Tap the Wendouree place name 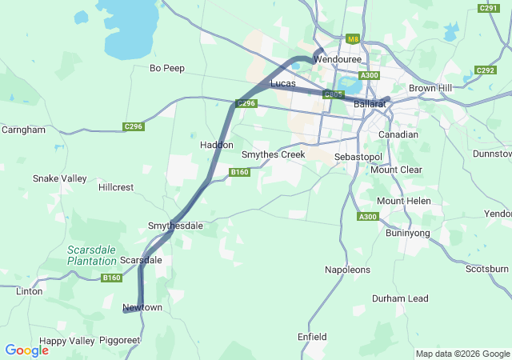(x=338, y=60)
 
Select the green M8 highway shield (x=353, y=38)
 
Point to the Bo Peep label (x=167, y=69)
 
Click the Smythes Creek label (x=274, y=154)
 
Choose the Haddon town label (x=217, y=146)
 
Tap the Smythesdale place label (x=175, y=226)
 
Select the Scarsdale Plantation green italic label (x=92, y=255)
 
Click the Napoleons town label (x=348, y=270)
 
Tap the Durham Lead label (x=400, y=298)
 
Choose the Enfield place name (x=312, y=337)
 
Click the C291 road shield (x=488, y=8)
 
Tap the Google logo (x=26, y=350)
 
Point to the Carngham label (x=23, y=130)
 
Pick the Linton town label (x=30, y=292)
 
